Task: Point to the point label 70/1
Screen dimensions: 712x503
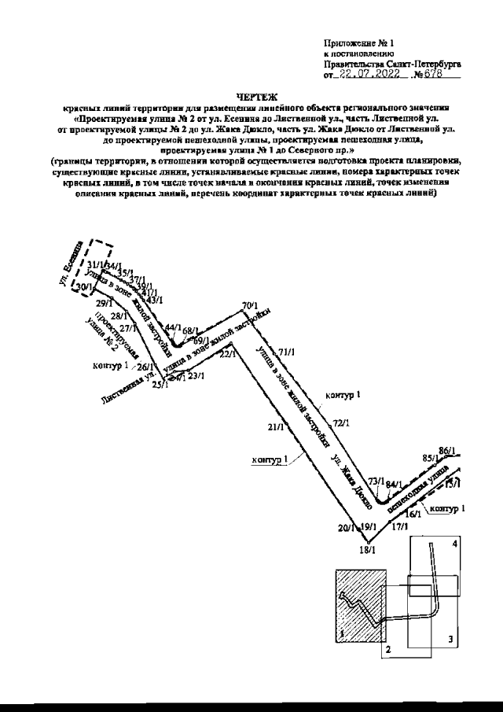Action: pyautogui.click(x=251, y=305)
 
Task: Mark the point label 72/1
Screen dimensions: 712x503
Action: pyautogui.click(x=340, y=423)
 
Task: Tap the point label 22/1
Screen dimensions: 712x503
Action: pyautogui.click(x=227, y=356)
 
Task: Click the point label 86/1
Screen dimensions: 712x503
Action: pyautogui.click(x=448, y=451)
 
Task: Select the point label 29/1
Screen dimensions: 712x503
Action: pyautogui.click(x=104, y=303)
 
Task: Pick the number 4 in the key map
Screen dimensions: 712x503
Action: pyautogui.click(x=454, y=544)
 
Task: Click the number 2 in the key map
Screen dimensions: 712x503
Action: pyautogui.click(x=387, y=649)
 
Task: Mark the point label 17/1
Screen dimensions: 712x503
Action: pyautogui.click(x=400, y=526)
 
